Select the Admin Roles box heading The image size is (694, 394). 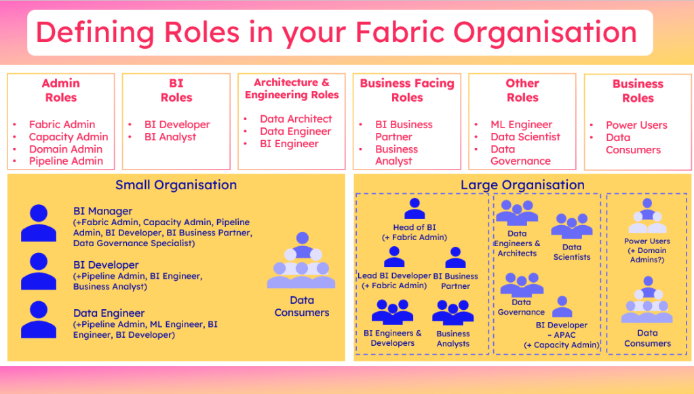[x=61, y=90]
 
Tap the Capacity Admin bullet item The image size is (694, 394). [x=68, y=136]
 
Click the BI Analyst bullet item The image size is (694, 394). [x=170, y=136]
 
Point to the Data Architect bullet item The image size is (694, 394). [x=296, y=119]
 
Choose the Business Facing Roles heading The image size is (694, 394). [x=407, y=90]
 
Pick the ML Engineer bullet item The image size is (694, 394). [x=521, y=124]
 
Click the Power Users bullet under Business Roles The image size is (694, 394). [x=636, y=125]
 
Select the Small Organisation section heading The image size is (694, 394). [x=176, y=184]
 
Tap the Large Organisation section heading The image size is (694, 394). [x=522, y=184]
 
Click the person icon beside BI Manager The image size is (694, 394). [x=39, y=223]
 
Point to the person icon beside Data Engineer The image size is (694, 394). [x=39, y=319]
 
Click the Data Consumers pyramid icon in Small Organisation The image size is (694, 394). [x=301, y=260]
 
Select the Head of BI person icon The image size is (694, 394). [x=414, y=208]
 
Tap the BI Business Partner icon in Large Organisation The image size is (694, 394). [x=455, y=258]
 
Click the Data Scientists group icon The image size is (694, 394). [x=571, y=226]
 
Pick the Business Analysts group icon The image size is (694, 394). [x=453, y=313]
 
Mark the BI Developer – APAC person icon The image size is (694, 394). [x=562, y=307]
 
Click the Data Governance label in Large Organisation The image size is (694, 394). [x=521, y=307]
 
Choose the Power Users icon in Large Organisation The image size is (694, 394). [x=647, y=216]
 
